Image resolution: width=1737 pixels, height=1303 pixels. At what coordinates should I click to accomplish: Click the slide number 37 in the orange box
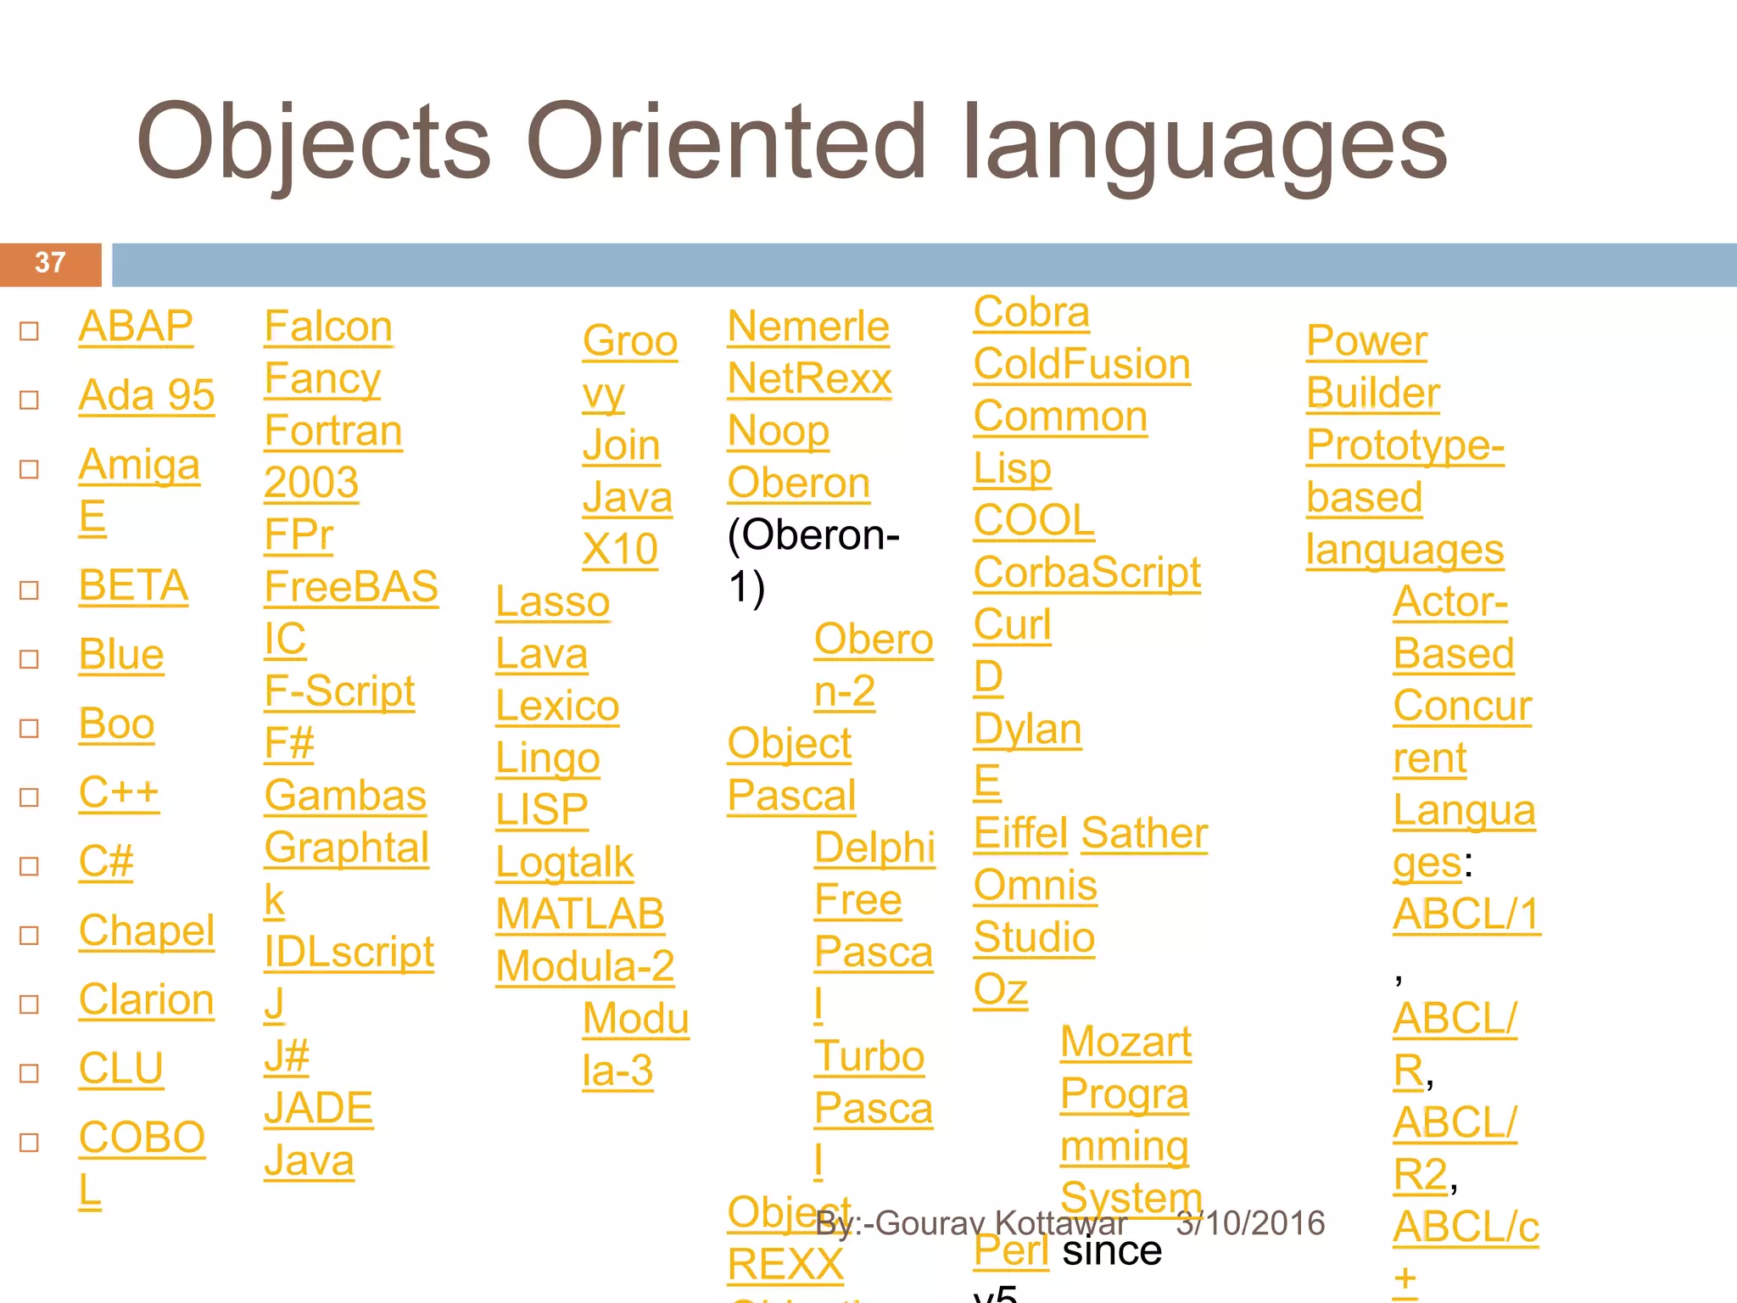coord(50,263)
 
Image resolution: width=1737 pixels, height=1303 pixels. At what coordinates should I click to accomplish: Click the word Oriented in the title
coord(725,142)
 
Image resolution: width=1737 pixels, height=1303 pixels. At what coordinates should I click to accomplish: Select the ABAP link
coord(136,327)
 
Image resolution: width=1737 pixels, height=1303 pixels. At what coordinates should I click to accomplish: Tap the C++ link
coord(119,793)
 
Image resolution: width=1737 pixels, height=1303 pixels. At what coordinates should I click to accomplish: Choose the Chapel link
coord(146,931)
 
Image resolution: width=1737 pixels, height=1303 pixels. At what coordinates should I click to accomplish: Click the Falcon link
coord(328,327)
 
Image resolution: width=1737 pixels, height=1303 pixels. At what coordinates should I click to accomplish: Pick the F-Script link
coord(339,691)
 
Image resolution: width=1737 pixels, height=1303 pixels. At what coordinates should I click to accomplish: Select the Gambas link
coord(345,796)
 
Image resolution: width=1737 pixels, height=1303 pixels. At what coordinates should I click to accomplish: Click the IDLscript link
coord(349,952)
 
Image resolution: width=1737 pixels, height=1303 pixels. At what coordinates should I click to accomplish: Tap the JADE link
coord(318,1108)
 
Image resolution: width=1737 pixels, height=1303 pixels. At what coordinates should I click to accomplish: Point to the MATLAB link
coord(580,914)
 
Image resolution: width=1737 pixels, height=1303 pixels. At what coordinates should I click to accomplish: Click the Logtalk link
coord(565,863)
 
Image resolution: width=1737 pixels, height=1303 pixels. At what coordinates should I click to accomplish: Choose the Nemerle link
coord(808,327)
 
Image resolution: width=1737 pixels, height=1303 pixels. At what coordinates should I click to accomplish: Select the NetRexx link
coord(810,378)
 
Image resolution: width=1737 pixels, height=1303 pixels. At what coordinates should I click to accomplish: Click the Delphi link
coord(874,847)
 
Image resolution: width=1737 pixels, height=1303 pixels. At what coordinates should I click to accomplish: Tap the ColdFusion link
coord(1081,365)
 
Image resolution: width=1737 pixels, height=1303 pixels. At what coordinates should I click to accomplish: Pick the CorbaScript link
coord(1086,573)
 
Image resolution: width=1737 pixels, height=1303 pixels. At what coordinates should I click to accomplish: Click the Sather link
coord(1144,833)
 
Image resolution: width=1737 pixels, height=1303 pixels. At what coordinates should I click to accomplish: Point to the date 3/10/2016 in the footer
coord(1250,1223)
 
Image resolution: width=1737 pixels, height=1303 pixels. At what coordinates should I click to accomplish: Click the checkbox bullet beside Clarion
coord(30,1004)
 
